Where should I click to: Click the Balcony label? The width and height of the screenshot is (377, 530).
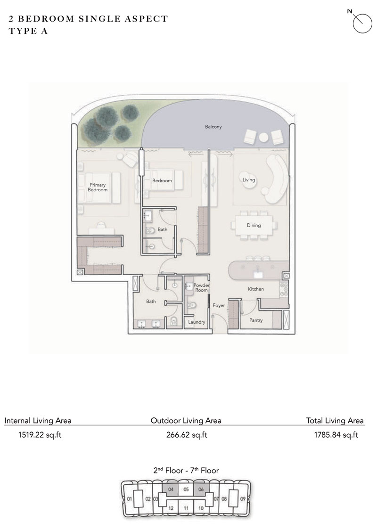coord(213,127)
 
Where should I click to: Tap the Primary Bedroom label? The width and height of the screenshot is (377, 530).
coord(98,188)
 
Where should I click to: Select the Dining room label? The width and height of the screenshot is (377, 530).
coord(254,225)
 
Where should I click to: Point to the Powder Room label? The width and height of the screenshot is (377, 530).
coord(201,288)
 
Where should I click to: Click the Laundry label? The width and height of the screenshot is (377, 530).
coord(196,322)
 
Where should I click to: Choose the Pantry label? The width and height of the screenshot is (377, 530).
coord(256,320)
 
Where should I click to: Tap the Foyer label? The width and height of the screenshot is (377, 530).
coord(219,306)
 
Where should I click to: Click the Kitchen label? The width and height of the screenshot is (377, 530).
coord(256,289)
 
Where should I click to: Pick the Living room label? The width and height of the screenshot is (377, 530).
coord(248,180)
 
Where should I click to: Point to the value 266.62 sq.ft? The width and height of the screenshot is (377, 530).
coord(186,435)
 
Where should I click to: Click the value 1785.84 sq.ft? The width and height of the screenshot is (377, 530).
coord(336,435)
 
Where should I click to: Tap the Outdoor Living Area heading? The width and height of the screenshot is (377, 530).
coord(186,421)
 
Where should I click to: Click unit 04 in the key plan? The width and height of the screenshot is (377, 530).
coord(171,489)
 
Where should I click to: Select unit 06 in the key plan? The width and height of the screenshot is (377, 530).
coord(201,489)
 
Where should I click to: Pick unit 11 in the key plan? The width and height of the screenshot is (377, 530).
coord(186,508)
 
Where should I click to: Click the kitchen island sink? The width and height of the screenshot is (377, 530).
coord(258,272)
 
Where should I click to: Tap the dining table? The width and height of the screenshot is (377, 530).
coord(254,225)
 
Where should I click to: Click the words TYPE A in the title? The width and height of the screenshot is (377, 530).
coord(28,32)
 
